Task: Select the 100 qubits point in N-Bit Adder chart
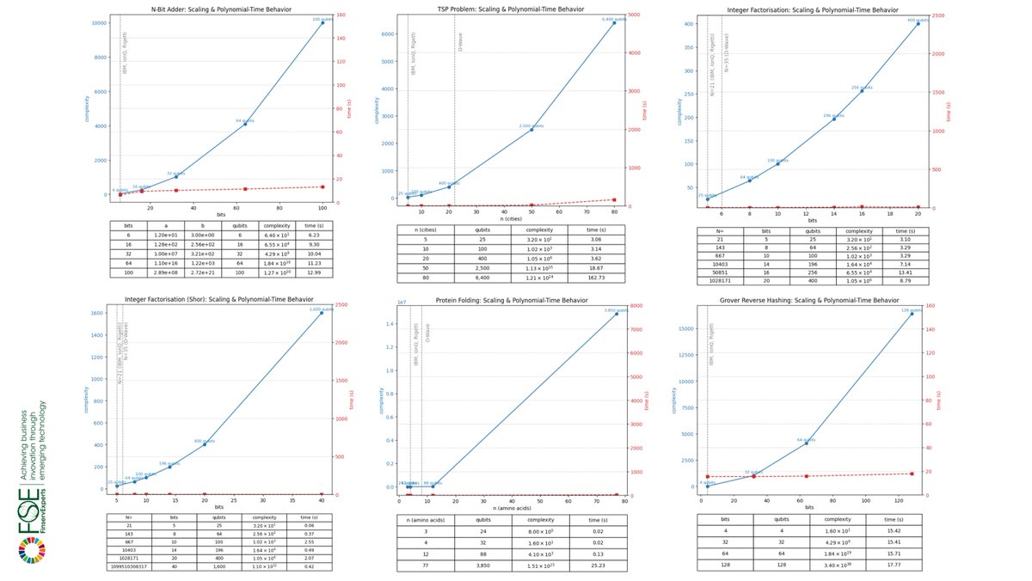click(x=322, y=23)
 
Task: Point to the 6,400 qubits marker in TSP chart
click(x=614, y=23)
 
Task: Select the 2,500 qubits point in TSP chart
click(x=531, y=130)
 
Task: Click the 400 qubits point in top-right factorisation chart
click(x=918, y=24)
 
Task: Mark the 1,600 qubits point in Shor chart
click(x=322, y=313)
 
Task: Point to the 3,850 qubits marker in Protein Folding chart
click(x=616, y=314)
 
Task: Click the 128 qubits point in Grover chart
click(x=912, y=314)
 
